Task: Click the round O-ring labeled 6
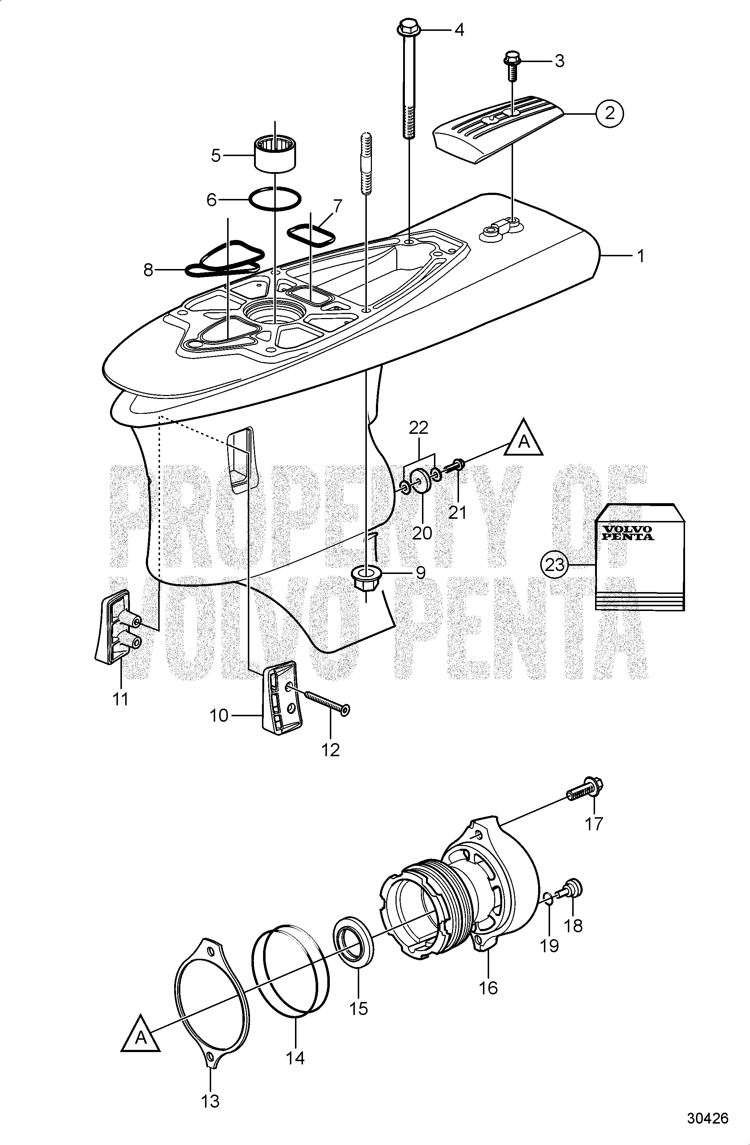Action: [275, 198]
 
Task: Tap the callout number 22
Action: [418, 428]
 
